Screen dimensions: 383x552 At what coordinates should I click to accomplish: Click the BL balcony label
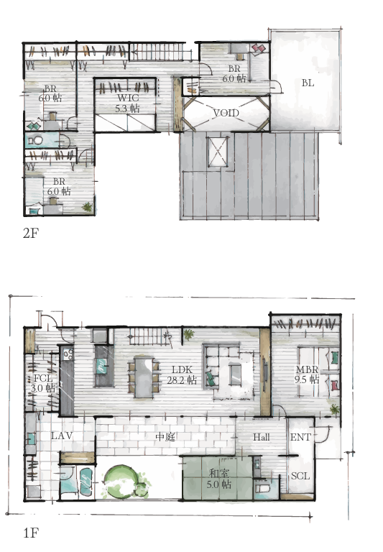[308, 83]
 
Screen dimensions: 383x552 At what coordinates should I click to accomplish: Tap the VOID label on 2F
[226, 113]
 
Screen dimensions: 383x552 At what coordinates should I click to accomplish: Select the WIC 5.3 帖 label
[127, 103]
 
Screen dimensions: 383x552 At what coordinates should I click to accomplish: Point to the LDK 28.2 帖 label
[182, 375]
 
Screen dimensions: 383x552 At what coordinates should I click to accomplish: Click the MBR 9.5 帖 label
[307, 374]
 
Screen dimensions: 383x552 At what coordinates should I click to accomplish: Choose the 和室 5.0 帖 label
[218, 479]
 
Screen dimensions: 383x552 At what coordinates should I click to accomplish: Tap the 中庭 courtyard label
[165, 437]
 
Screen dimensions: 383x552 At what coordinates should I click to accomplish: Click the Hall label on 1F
[262, 437]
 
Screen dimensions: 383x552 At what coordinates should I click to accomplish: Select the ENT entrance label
[300, 437]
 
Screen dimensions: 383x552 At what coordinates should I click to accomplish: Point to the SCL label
[300, 476]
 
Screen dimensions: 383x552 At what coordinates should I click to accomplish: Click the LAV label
[62, 436]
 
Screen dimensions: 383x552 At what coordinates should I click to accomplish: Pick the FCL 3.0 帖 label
[43, 383]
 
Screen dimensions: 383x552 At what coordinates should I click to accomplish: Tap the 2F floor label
[31, 233]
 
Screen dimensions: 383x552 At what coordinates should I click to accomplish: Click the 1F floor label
[31, 533]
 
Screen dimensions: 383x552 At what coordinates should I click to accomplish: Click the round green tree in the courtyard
[120, 482]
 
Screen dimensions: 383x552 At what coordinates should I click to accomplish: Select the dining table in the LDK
[144, 377]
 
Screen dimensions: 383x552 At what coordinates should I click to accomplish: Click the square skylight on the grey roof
[218, 151]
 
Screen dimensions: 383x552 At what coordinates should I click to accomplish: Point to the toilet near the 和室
[261, 488]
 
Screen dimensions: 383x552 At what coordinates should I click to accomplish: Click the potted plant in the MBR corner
[334, 410]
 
